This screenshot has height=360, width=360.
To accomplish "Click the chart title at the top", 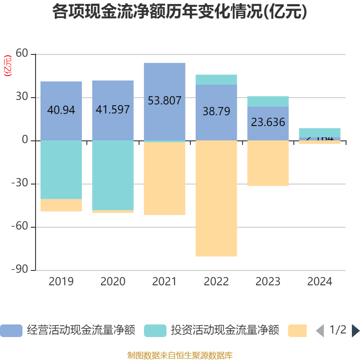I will (180, 12).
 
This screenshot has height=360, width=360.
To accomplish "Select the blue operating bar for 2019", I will (61, 126).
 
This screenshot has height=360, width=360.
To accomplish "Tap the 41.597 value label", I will (112, 109).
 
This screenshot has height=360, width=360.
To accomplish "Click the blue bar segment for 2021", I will (164, 121).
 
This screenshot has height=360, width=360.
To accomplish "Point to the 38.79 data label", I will (216, 111).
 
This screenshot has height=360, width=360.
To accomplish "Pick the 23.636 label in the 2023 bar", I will (268, 122).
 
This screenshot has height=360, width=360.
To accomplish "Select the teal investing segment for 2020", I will (112, 175).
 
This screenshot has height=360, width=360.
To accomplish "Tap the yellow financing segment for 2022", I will (216, 198).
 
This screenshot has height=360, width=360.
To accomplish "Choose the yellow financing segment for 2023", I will (268, 163).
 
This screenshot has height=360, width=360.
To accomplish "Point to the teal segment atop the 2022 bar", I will (216, 80).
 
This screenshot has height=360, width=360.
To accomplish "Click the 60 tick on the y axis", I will (22, 54).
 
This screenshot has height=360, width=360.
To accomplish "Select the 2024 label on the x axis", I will (319, 282).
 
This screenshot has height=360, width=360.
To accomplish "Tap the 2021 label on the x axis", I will (164, 282).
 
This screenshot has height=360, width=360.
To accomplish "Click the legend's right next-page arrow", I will (355, 330).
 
